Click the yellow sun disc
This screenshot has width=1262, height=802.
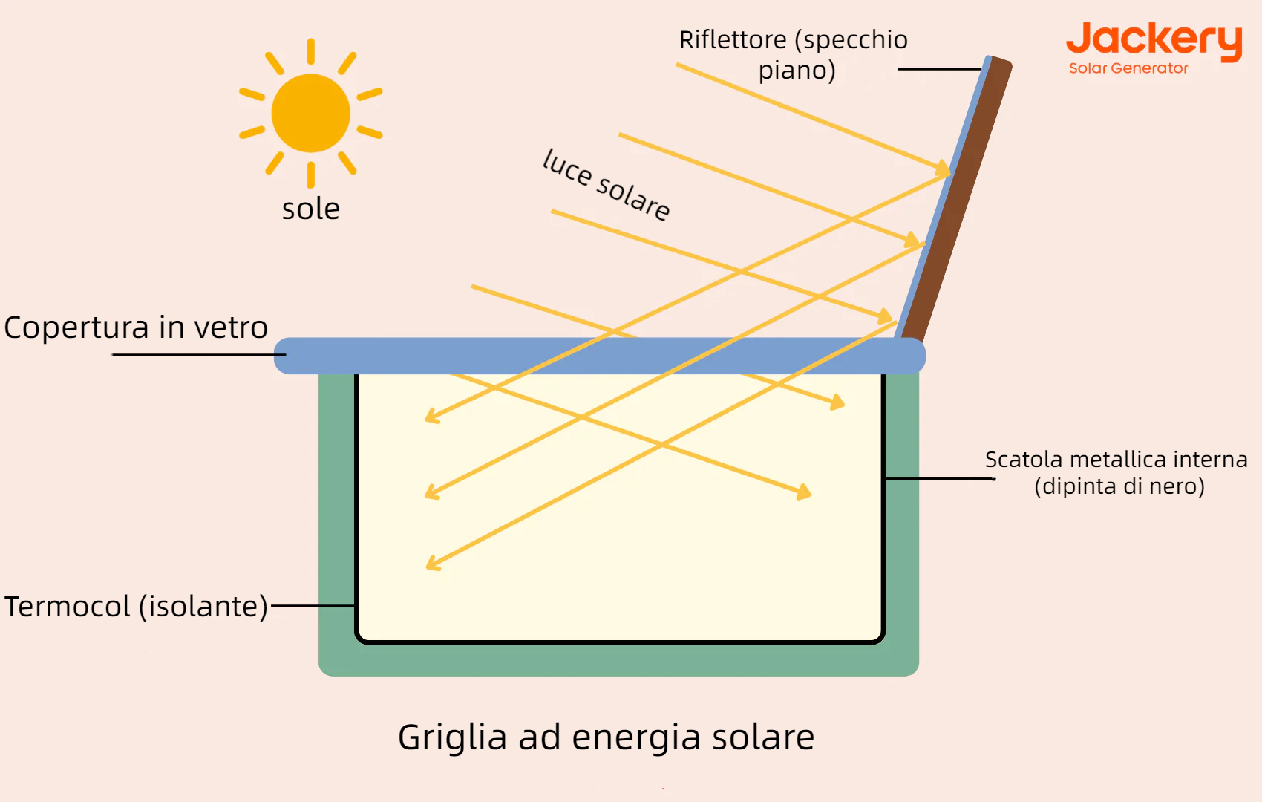coord(310,113)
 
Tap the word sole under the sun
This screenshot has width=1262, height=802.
coord(310,209)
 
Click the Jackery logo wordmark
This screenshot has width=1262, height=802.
coord(1154,40)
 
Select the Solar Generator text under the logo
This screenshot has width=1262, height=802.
coord(1128,68)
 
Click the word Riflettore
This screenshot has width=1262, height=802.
coord(733,40)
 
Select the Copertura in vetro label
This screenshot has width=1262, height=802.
coord(136,327)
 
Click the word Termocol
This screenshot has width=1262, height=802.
coord(68,607)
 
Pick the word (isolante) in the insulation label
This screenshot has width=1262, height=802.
coord(203,607)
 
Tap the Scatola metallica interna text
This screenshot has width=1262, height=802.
coord(1116,460)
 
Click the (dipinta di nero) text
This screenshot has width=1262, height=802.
coord(1119,486)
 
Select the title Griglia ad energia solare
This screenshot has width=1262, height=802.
coord(606,737)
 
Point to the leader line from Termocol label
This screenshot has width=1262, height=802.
coord(313,606)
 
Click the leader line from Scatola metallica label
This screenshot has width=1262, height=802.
coord(940,479)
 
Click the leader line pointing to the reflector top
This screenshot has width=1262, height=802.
coord(939,69)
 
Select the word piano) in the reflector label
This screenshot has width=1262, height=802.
coord(797,71)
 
